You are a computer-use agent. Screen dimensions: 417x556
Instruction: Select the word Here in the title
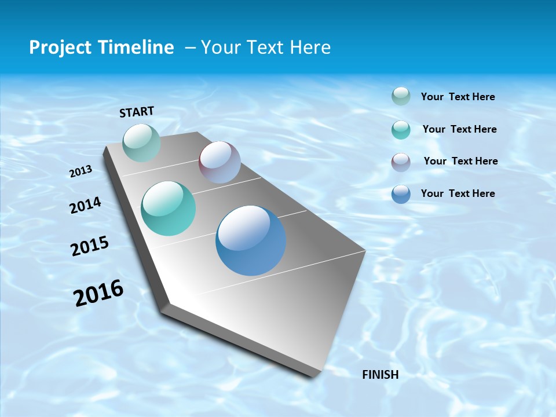coord(310,47)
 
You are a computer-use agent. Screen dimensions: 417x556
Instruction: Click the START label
coord(137,111)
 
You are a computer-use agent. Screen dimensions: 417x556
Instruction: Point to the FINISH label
coord(381,375)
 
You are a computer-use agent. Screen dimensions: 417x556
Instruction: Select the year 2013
coord(81,171)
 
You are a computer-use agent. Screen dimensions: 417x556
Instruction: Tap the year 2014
coord(85,205)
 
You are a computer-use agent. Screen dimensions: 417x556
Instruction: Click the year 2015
coord(90,246)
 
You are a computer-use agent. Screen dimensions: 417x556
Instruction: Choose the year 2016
coord(98,293)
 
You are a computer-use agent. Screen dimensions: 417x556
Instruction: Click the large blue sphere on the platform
coord(251,240)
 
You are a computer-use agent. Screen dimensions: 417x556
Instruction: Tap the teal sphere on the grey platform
coord(169,209)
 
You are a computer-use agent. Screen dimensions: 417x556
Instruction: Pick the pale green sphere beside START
coord(141,142)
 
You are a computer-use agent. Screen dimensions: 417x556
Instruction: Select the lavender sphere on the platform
coord(220,162)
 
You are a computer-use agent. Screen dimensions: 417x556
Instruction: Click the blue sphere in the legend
coord(401,194)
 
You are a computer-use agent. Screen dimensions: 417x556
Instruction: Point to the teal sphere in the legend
coord(401,130)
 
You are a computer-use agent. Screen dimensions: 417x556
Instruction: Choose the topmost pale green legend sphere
coord(401,96)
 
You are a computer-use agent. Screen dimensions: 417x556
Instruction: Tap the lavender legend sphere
coord(401,162)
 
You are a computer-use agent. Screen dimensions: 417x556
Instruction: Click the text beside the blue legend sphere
coord(458,193)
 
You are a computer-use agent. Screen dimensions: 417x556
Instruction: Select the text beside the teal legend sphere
coord(460,129)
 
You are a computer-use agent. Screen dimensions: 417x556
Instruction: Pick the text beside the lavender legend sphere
coord(461,161)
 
